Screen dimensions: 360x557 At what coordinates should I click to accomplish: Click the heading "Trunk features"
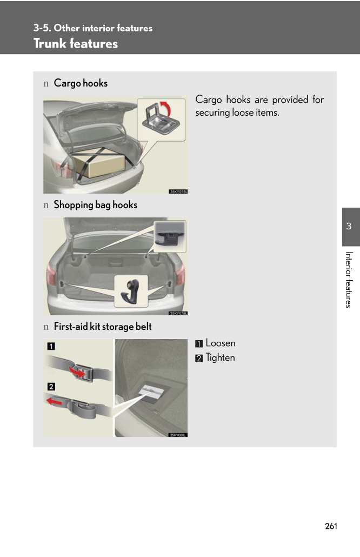click(x=76, y=43)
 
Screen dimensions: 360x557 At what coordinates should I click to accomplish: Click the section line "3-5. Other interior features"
click(x=92, y=28)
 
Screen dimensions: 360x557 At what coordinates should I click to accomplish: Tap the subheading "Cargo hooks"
click(x=81, y=83)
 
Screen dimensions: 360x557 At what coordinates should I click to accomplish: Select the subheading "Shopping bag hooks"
click(x=96, y=205)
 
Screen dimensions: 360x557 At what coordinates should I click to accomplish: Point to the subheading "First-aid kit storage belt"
click(x=103, y=327)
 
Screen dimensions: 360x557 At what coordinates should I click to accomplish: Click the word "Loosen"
click(x=221, y=343)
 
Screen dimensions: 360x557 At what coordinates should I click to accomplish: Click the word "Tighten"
click(x=220, y=357)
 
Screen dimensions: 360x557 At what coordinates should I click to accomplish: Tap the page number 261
click(x=331, y=526)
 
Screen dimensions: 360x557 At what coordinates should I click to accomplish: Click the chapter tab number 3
click(x=349, y=226)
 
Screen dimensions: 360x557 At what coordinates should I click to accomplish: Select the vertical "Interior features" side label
click(x=349, y=280)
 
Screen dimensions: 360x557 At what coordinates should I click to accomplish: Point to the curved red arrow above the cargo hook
click(x=166, y=108)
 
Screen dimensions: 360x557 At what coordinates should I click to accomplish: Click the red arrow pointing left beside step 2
click(x=54, y=401)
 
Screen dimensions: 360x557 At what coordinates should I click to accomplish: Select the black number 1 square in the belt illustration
click(x=51, y=346)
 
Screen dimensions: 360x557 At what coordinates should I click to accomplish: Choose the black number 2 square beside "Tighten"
click(x=199, y=358)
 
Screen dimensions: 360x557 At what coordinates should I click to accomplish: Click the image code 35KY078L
click(x=178, y=191)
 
